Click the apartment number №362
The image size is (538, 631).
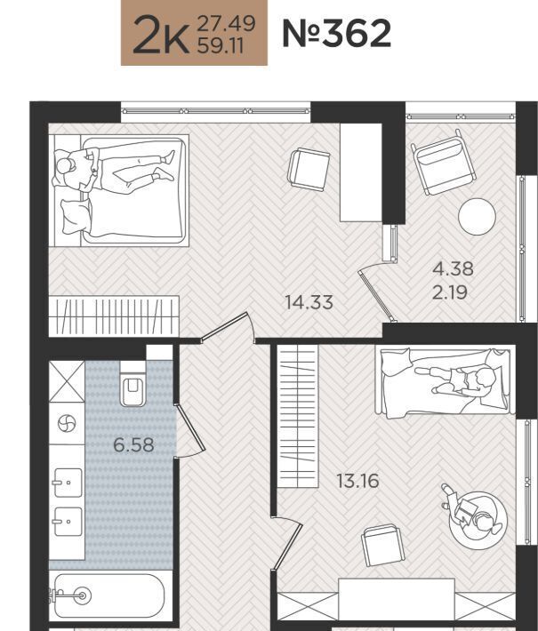337,34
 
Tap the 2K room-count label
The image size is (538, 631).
161,35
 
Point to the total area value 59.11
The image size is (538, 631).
221,46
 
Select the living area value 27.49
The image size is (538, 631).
226,23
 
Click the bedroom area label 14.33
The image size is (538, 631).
309,302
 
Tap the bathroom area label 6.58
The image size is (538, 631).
133,445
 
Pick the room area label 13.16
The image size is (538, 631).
357,481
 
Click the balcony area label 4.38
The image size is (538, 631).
453,268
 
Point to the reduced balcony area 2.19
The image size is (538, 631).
449,292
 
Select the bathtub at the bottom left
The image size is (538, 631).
108,595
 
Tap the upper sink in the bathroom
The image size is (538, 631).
68,483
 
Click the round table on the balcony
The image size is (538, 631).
477,217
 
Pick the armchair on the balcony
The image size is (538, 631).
443,163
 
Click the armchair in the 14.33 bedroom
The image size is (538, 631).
309,170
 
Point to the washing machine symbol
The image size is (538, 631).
67,423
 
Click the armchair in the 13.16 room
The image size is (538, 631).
382,546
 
